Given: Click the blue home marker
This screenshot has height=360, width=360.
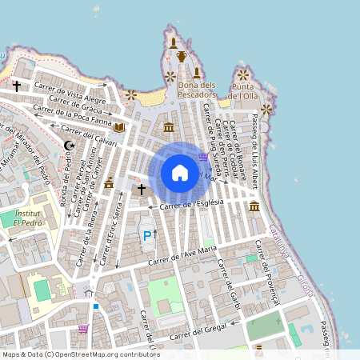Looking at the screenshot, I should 179,173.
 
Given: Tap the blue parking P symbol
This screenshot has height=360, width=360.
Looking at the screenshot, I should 146,236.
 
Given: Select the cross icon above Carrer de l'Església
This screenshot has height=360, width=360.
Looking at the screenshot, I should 142,190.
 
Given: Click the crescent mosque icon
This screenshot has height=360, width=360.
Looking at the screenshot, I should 69,145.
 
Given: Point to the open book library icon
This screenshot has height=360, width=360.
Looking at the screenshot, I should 119,126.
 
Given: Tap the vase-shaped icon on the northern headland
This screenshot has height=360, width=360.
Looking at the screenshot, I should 182,56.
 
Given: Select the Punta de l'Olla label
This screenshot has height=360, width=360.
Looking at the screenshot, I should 244,90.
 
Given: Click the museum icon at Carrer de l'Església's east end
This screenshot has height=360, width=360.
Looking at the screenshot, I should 254,207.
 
